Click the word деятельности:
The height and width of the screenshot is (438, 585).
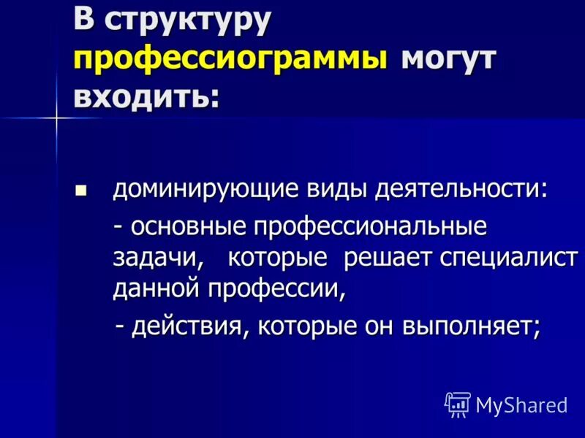[461, 190]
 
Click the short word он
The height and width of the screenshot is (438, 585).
[380, 327]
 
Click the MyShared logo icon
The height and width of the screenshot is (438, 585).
[458, 404]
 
